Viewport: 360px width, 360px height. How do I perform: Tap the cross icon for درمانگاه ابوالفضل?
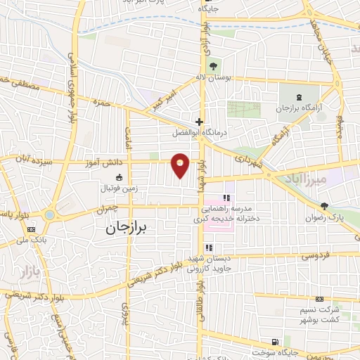pyautogui.click(x=200, y=121)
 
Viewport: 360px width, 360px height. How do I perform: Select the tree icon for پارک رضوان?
pyautogui.click(x=324, y=206)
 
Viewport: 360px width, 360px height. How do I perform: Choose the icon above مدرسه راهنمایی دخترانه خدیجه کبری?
pyautogui.click(x=227, y=198)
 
